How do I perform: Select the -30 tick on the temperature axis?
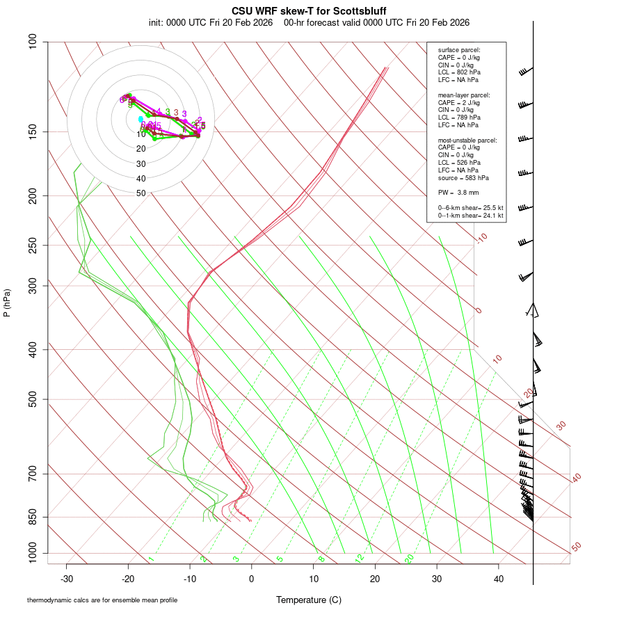(x=67, y=579)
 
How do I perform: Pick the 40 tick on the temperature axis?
(x=499, y=579)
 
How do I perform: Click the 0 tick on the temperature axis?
(x=252, y=579)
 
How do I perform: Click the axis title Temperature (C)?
(x=309, y=600)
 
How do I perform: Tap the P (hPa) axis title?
(x=7, y=303)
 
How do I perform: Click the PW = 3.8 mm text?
(x=458, y=192)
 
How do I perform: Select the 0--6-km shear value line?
(x=470, y=208)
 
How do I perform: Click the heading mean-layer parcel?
(x=464, y=95)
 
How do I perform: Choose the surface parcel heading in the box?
(x=459, y=50)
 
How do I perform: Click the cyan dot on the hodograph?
(x=141, y=119)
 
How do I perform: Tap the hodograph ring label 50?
(x=141, y=193)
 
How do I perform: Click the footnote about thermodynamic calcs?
(x=102, y=600)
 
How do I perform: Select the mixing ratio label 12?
(x=360, y=559)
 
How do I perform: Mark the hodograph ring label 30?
(x=141, y=164)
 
